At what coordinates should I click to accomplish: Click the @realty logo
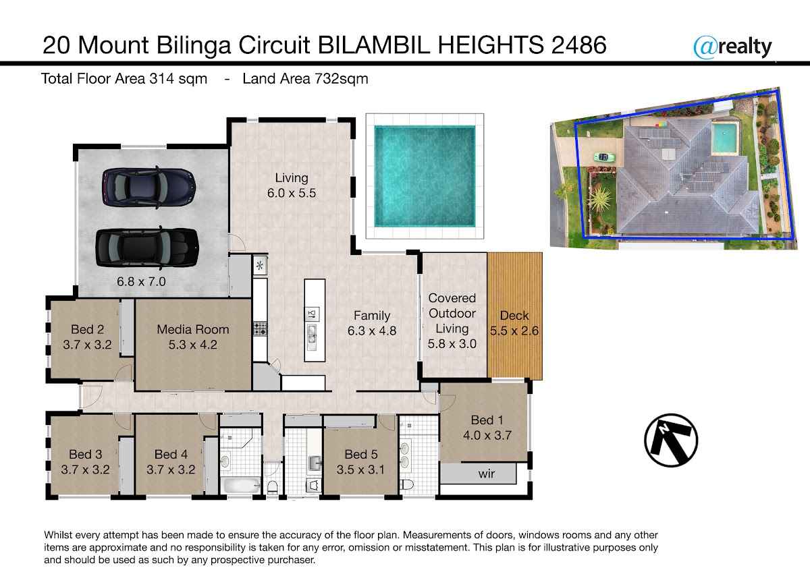pos(732,47)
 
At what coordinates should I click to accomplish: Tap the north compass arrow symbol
pos(671,440)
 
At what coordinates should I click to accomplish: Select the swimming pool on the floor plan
pos(425,176)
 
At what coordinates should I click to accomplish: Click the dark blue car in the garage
pos(149,188)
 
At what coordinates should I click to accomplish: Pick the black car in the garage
pos(147,248)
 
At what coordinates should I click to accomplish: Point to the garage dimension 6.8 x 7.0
pos(141,281)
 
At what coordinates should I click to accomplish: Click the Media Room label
pos(193,329)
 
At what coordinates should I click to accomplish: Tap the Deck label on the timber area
pos(514,316)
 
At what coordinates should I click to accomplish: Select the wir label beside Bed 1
pos(487,474)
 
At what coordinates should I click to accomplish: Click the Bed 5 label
pos(361,454)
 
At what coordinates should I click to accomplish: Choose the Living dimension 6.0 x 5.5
pos(292,193)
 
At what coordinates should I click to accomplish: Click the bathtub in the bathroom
pos(242,485)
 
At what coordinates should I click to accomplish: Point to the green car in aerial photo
pos(604,157)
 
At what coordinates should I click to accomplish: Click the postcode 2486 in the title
pos(578,45)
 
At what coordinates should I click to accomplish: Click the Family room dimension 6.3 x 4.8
pos(372,331)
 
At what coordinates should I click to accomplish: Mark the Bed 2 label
pos(87,329)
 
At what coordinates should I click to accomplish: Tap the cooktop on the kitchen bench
pos(260,328)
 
